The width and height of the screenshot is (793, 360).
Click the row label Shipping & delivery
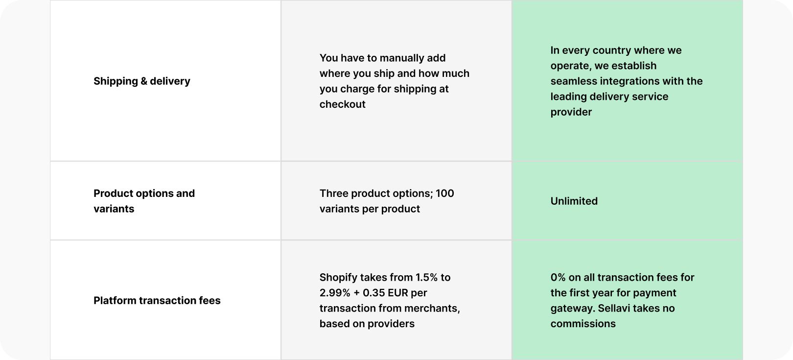click(x=141, y=81)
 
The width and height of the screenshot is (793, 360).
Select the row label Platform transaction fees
click(x=157, y=300)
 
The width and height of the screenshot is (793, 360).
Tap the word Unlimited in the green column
click(x=574, y=201)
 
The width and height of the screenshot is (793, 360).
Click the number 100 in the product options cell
click(x=444, y=193)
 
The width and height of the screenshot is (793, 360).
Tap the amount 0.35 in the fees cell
click(x=374, y=293)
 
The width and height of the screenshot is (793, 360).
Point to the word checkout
click(x=342, y=104)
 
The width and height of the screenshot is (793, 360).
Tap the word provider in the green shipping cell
click(x=571, y=112)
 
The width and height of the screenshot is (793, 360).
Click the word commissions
click(x=583, y=324)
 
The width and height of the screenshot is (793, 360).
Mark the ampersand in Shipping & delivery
click(x=144, y=81)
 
